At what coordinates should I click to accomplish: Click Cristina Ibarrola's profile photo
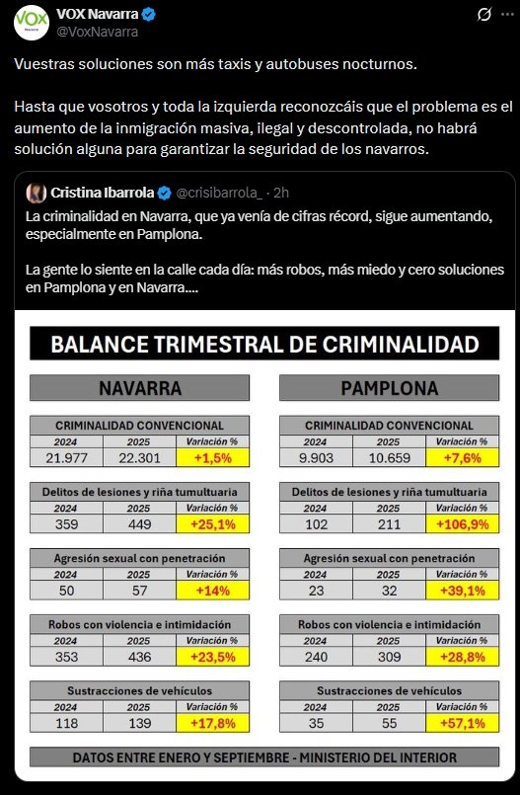[x=36, y=192]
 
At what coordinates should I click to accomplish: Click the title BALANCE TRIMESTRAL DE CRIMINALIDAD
[x=264, y=344]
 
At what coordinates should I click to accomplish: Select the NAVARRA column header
[x=138, y=388]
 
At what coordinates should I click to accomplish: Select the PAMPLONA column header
[x=389, y=388]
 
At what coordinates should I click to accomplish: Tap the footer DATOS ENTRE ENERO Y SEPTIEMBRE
[x=264, y=757]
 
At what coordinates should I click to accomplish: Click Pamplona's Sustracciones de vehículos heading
[x=389, y=690]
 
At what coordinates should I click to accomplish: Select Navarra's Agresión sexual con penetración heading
[x=138, y=557]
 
